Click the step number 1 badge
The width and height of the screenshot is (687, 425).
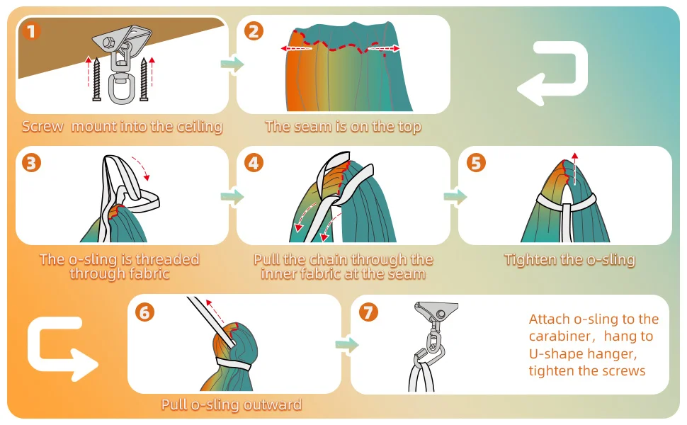point(31,31)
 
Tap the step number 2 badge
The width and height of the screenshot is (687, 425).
point(254,31)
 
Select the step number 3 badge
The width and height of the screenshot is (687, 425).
point(31,163)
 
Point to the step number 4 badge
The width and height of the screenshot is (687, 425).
point(254,163)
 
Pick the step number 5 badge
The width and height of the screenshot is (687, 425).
point(476,163)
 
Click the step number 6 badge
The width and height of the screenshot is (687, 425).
point(144,312)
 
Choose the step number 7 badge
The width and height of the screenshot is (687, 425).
point(368,312)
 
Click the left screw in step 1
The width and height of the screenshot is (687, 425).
point(97,79)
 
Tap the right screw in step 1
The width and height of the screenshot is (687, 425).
point(144,79)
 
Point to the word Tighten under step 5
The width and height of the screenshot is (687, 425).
point(530,260)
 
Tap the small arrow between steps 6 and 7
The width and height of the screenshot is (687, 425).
point(347,344)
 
